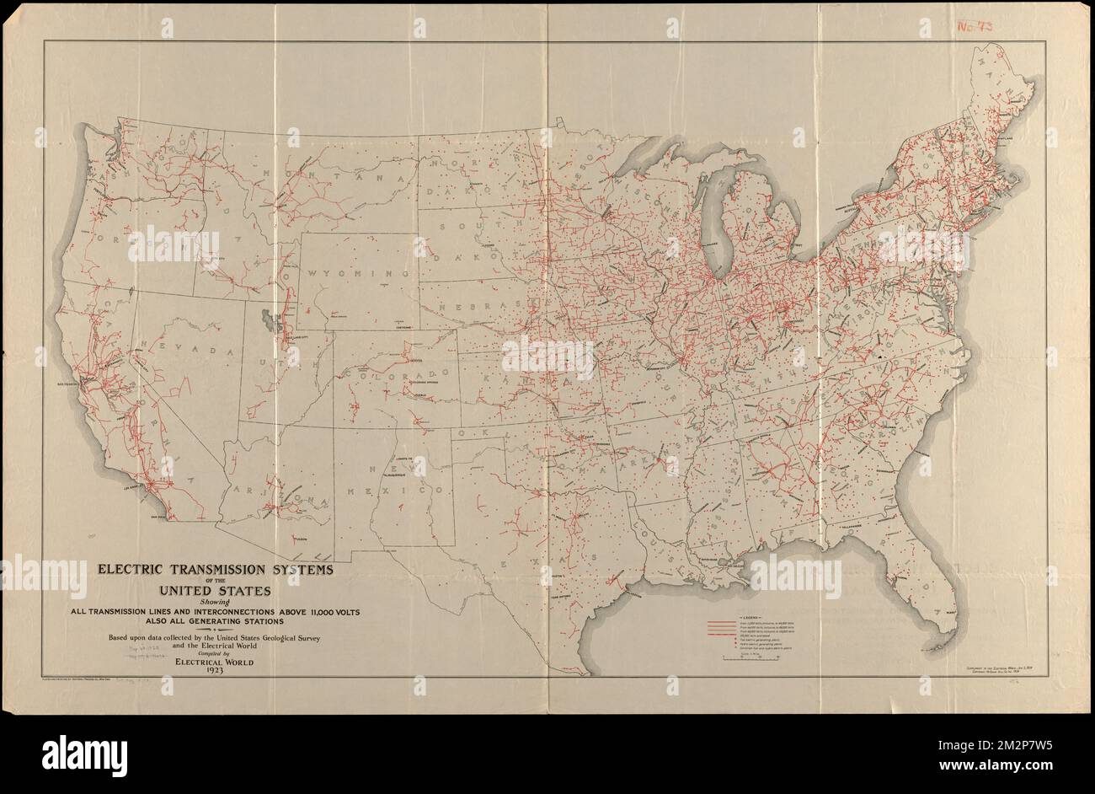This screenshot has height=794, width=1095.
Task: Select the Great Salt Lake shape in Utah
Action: point(269,321)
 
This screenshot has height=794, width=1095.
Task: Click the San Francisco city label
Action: point(67,384)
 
